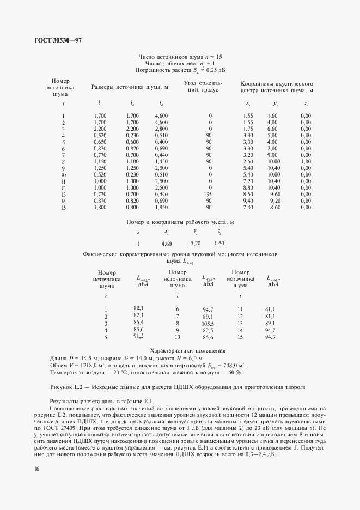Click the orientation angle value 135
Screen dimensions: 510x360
tap(208, 194)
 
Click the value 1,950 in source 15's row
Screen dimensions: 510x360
tap(161, 207)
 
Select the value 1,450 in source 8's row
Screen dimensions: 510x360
tap(161, 161)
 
